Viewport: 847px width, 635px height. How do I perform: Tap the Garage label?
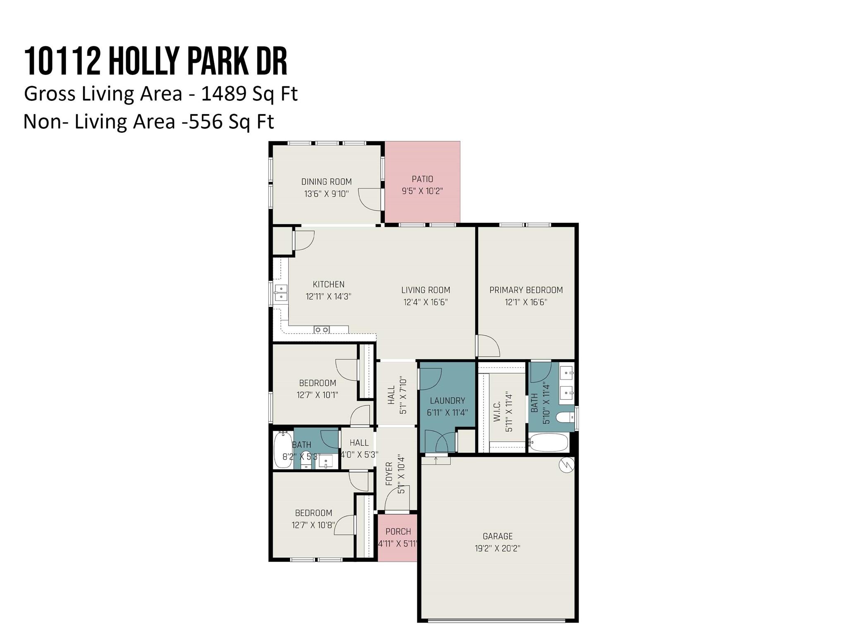(498, 536)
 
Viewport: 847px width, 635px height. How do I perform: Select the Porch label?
(398, 532)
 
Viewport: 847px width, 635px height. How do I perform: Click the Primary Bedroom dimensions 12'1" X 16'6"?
(526, 302)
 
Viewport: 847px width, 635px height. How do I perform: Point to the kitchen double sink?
(281, 293)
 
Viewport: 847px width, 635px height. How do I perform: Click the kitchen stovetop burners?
(321, 329)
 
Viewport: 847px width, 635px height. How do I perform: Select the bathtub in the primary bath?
(548, 443)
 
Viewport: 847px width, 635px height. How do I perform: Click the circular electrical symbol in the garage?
(566, 465)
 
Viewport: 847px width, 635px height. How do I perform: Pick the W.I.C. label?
(497, 411)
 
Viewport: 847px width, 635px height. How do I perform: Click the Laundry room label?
(447, 401)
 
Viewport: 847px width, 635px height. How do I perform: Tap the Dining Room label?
(326, 182)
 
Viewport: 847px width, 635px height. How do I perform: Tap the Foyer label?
(389, 474)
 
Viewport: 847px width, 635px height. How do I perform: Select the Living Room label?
(425, 290)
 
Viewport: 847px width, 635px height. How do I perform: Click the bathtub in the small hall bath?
(282, 450)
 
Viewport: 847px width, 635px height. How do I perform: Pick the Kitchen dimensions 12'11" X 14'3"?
(328, 296)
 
